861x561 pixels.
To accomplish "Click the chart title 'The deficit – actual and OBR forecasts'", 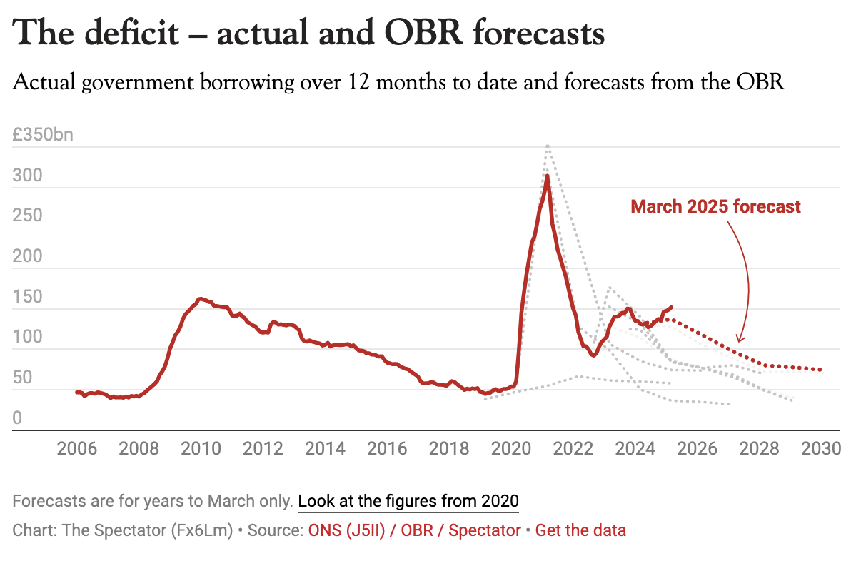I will pos(308,33).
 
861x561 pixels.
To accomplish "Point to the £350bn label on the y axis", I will pos(43,135).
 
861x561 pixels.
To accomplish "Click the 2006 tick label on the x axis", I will pos(77,449).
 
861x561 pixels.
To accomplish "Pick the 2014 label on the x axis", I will pos(326,449).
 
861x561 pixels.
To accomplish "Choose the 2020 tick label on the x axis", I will pos(512,449).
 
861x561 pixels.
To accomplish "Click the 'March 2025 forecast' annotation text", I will pos(715,207).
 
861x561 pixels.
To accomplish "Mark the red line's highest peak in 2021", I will pos(547,176).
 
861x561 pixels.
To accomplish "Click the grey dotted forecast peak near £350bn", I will pos(547,146).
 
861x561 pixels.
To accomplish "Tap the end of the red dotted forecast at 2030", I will pos(821,370).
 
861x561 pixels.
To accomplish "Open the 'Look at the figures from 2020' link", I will pos(408,501).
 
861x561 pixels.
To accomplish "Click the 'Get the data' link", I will pos(580,530).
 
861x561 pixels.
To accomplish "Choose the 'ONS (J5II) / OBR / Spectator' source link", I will pos(414,530).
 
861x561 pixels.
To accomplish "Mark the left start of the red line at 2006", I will pos(76,392).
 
